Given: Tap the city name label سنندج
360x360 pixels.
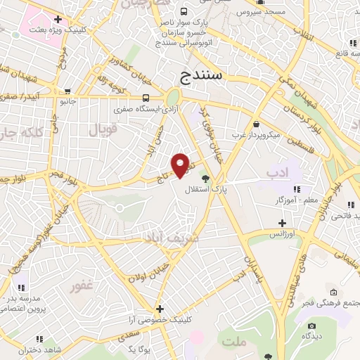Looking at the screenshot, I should (x=201, y=73).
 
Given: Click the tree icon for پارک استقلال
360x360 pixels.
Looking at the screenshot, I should (x=205, y=179).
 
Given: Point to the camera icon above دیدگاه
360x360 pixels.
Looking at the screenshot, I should (x=313, y=326).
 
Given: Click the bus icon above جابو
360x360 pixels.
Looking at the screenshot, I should (x=67, y=91).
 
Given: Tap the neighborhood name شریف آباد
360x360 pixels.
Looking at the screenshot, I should (x=170, y=238).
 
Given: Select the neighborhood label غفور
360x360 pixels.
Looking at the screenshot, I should (x=82, y=287).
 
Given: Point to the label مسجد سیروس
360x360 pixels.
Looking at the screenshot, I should (x=260, y=13).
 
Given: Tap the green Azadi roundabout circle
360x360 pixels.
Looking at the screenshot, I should (x=173, y=98).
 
